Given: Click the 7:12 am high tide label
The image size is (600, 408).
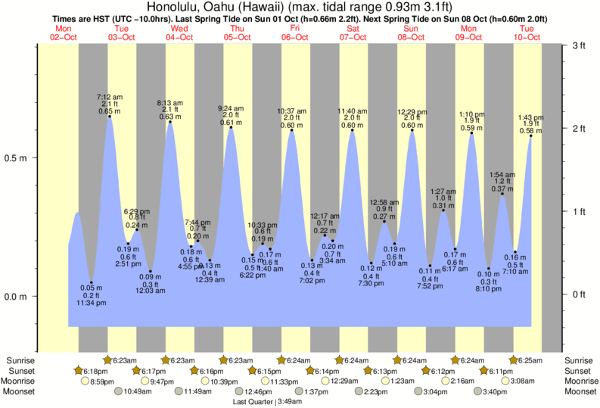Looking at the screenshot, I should pos(110,98).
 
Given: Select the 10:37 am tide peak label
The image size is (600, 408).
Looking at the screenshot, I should pos(292,111).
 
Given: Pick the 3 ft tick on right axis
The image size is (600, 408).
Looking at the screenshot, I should pos(579,46).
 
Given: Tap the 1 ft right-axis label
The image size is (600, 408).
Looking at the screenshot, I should pos(579,211).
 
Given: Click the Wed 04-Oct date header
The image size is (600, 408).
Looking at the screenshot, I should pos(179,33).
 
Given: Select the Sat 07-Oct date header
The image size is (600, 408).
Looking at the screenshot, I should pos(353,33).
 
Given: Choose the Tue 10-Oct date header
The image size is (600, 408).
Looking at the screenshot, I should pos(527,33).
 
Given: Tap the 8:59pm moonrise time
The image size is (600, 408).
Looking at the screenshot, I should pos(102,382).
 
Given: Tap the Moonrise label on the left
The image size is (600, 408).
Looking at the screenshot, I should pos(21,382).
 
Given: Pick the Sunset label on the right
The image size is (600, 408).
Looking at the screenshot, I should pos(579,371).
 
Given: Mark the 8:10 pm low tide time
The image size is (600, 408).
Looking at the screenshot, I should pos(488,289).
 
